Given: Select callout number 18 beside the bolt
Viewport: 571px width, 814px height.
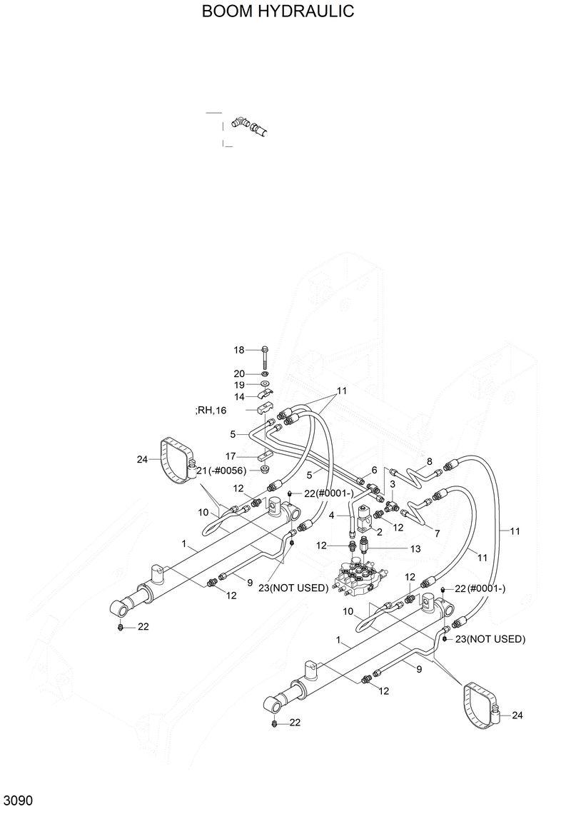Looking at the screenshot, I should pyautogui.click(x=239, y=350).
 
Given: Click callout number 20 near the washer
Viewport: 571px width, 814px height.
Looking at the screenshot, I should pyautogui.click(x=239, y=373).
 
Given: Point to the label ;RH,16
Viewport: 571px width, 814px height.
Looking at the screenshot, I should pyautogui.click(x=210, y=410).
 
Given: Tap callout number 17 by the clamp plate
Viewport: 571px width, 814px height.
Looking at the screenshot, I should pyautogui.click(x=231, y=456).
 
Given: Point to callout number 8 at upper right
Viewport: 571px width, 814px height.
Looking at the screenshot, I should pyautogui.click(x=430, y=461).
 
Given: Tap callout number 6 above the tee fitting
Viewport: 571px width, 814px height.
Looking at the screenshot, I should pyautogui.click(x=373, y=470).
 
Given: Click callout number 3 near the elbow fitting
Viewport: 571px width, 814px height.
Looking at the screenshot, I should pyautogui.click(x=392, y=485).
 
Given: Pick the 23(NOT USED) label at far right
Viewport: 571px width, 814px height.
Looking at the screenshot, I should pyautogui.click(x=490, y=639).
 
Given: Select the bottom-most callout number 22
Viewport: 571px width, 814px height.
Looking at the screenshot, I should pyautogui.click(x=295, y=723).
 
